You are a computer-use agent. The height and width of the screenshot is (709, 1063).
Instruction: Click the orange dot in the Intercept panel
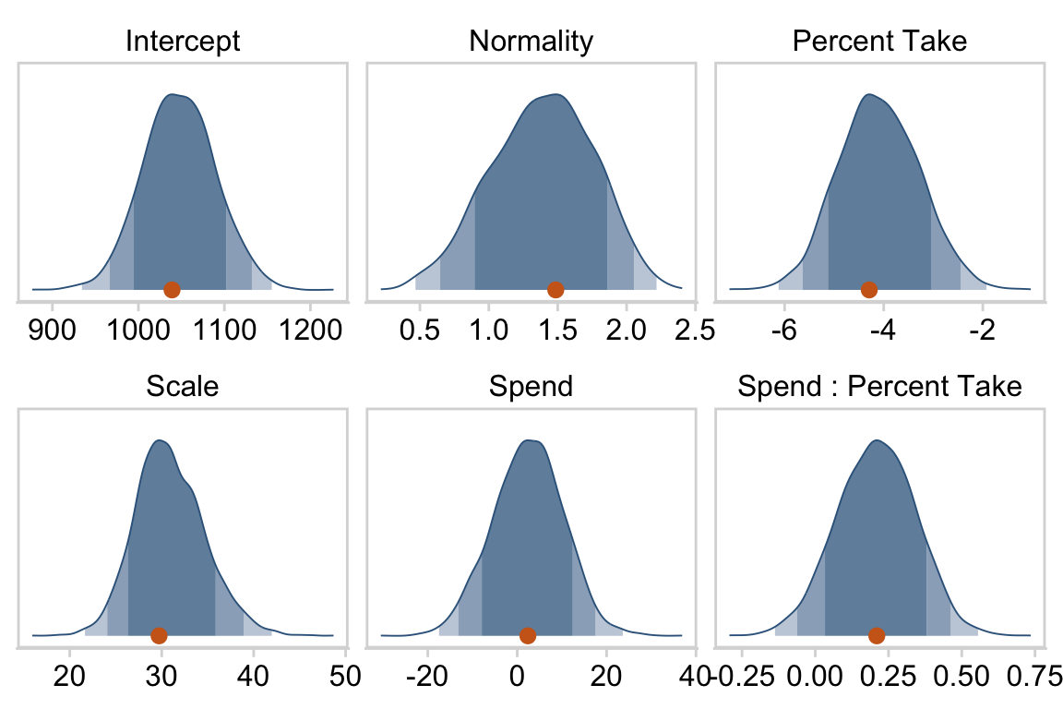click(172, 290)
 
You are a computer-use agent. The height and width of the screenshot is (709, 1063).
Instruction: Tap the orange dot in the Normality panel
click(555, 290)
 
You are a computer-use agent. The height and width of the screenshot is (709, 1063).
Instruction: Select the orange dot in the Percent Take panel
click(868, 290)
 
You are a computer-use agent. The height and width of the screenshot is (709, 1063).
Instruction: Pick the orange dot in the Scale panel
click(159, 635)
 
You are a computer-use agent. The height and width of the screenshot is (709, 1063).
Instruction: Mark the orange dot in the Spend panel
click(527, 635)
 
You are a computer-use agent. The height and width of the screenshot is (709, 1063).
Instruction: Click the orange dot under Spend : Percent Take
click(877, 635)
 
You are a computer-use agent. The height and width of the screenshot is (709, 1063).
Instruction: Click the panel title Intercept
click(183, 42)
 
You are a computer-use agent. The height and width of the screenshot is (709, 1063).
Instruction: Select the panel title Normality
click(531, 42)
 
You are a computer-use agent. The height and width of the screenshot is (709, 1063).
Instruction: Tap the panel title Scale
click(183, 386)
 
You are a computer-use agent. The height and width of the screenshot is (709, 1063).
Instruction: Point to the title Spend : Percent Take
click(879, 386)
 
